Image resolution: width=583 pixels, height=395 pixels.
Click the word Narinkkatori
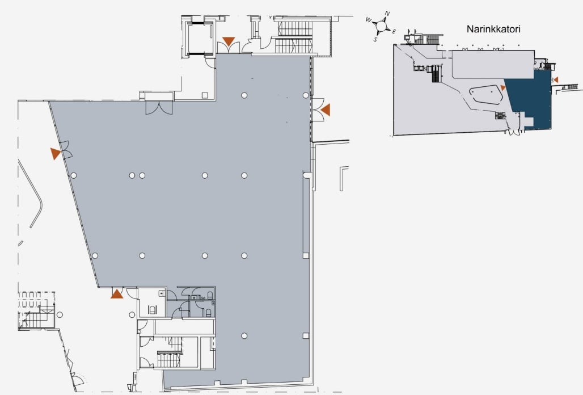pos(493,29)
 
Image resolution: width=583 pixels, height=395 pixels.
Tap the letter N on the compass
pos(387,14)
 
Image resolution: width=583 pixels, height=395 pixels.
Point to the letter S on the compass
pos(375,39)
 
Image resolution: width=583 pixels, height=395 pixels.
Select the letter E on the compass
pos(394,32)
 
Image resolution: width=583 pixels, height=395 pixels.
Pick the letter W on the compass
pos(369,20)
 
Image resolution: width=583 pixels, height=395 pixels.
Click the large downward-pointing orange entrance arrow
pos(229,41)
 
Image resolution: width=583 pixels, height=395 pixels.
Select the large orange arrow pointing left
pos(326,110)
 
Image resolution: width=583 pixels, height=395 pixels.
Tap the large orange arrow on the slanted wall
pos(55,153)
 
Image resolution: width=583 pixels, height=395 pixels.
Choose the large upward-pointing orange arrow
pos(117,294)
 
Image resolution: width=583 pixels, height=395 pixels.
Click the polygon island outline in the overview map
pos(485,96)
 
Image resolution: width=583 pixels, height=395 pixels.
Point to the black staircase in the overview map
pos(436,74)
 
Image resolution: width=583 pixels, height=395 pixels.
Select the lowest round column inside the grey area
pos(244,336)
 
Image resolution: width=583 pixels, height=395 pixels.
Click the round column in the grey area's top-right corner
pos(305,95)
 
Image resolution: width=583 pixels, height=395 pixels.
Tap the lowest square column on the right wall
pos(306,336)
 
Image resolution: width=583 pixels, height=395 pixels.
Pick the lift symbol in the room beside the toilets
pos(152,309)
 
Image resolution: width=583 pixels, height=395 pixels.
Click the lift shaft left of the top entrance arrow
pos(200,39)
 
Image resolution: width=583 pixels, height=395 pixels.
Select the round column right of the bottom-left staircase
pos(60,314)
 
